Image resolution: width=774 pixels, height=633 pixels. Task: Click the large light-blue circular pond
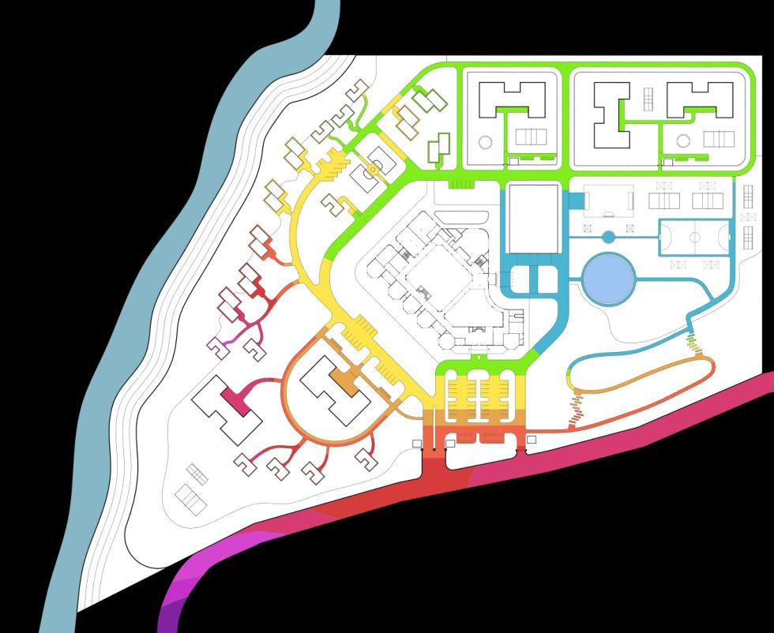click(608, 279)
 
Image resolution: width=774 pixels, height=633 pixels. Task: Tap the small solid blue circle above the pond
click(608, 237)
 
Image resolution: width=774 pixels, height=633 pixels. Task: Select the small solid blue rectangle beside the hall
click(576, 202)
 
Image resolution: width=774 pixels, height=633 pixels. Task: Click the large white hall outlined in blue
click(534, 218)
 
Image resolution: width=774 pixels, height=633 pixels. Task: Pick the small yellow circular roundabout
click(373, 170)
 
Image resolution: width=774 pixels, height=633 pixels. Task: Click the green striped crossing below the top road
click(461, 184)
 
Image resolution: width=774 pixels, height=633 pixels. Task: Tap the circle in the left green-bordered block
click(485, 142)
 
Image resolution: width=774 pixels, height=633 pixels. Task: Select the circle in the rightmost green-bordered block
click(682, 142)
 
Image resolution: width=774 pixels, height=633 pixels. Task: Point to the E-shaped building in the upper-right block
click(612, 115)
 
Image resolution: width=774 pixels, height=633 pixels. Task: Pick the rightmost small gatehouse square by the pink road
click(532, 440)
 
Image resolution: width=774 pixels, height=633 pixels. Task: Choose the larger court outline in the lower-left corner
click(190, 499)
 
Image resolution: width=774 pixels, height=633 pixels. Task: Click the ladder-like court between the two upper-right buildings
click(648, 99)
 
